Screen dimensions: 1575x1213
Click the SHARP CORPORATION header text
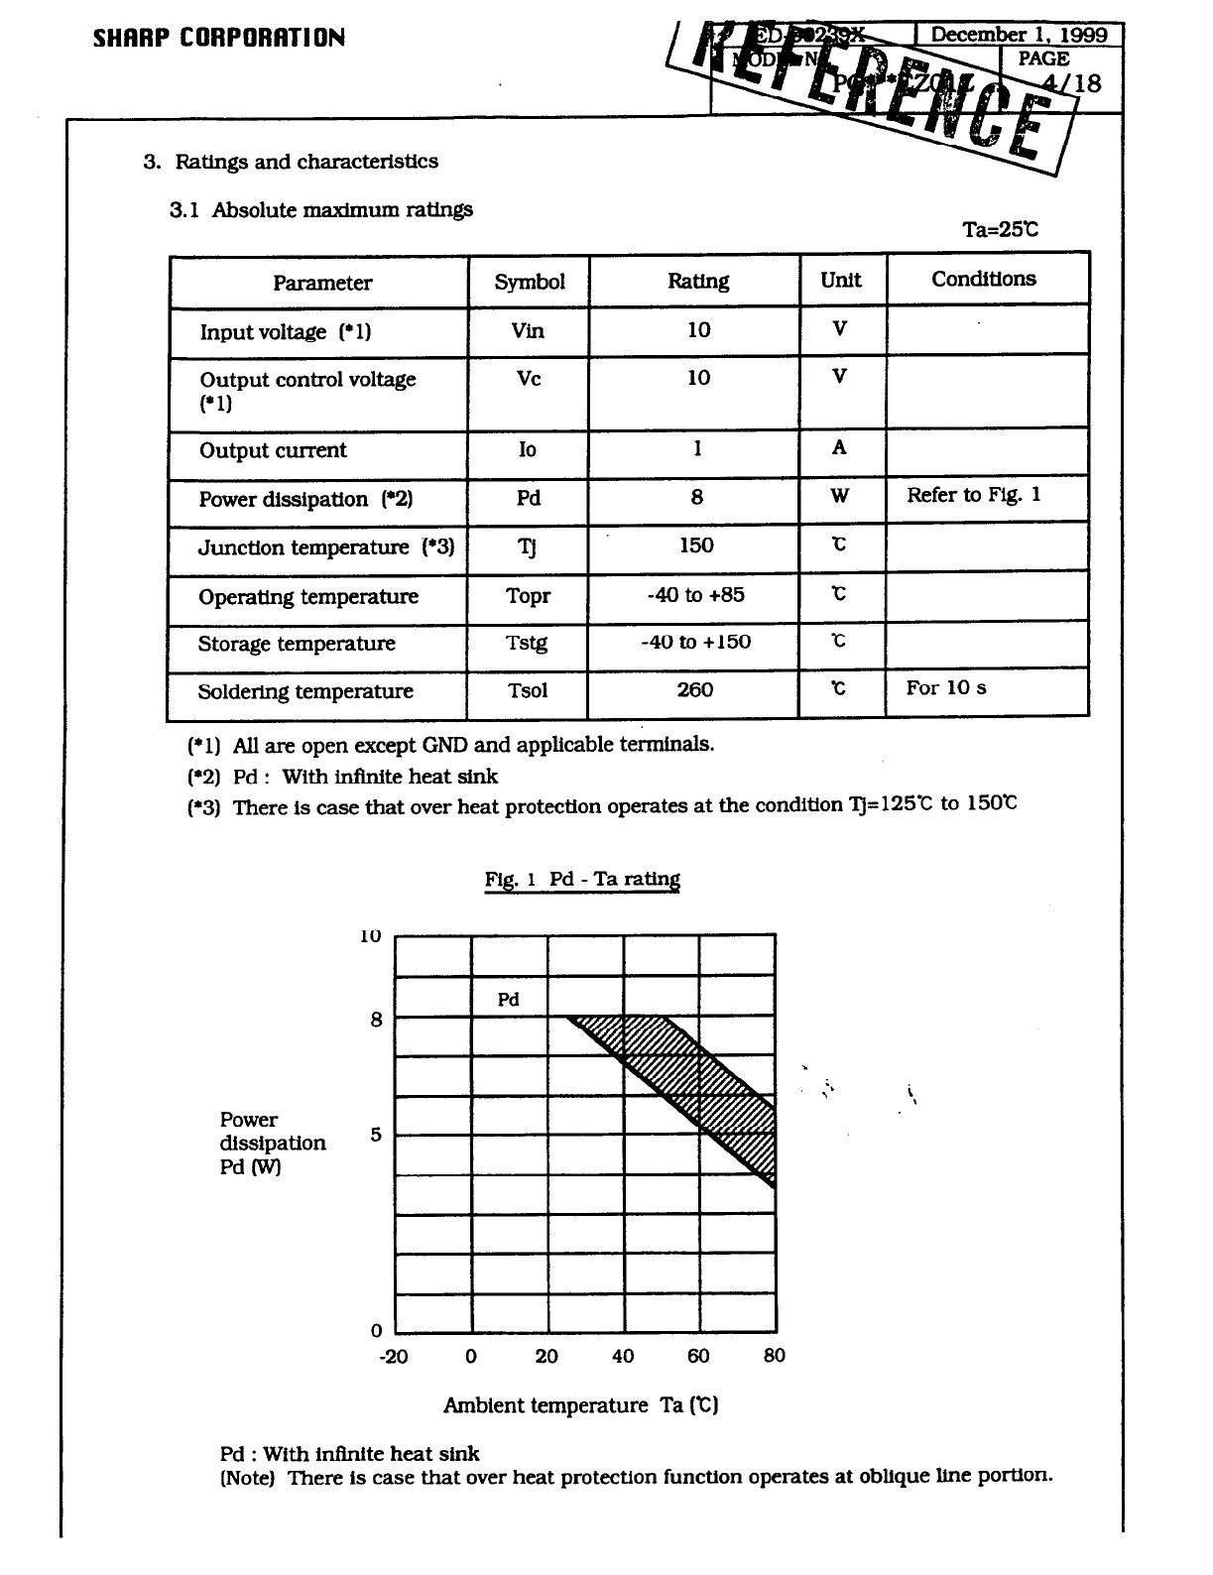point(219,39)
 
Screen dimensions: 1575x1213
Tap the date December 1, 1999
point(1019,35)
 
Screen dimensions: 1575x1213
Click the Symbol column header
point(530,282)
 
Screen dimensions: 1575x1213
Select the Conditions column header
point(983,279)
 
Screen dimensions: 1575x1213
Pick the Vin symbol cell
point(528,330)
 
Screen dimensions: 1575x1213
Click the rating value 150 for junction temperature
point(696,545)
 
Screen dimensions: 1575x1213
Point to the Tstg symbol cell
point(527,643)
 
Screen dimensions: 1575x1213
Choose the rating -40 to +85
point(695,595)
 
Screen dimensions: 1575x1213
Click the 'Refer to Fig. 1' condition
point(973,495)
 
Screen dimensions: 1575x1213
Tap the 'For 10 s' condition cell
point(945,688)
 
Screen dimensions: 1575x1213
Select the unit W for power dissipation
point(839,496)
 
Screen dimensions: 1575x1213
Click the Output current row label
point(273,450)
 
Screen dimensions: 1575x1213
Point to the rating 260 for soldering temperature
point(694,689)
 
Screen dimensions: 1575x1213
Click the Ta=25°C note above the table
point(1000,230)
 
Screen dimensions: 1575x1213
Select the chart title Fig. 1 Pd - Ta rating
point(582,879)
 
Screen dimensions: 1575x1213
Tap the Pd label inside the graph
point(508,1000)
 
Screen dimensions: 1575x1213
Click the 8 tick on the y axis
point(376,1020)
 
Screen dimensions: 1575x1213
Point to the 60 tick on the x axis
point(698,1356)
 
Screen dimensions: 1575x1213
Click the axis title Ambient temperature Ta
point(580,1405)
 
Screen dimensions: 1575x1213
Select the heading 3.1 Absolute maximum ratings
point(321,210)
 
